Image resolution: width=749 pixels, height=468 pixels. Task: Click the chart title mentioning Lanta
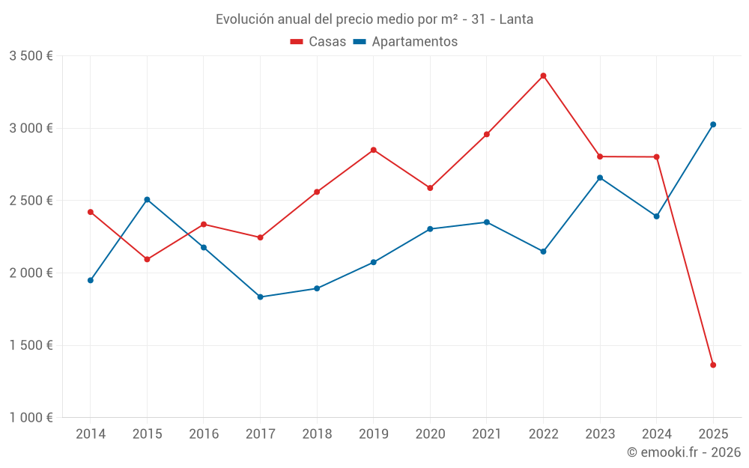pyautogui.click(x=374, y=19)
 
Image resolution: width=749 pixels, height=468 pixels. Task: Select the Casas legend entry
pyautogui.click(x=318, y=42)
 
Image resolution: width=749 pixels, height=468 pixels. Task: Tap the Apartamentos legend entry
pyautogui.click(x=405, y=42)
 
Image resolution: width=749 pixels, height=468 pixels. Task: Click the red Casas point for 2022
pyautogui.click(x=544, y=76)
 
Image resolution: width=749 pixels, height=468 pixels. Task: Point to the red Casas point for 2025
pyautogui.click(x=713, y=365)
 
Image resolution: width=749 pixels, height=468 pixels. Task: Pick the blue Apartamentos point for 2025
pyautogui.click(x=713, y=124)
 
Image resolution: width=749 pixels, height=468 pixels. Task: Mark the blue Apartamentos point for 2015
pyautogui.click(x=147, y=200)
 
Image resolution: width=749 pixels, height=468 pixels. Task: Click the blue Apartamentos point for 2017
pyautogui.click(x=260, y=297)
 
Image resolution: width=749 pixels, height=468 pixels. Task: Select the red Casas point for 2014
pyautogui.click(x=91, y=212)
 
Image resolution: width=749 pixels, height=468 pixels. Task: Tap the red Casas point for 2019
pyautogui.click(x=374, y=150)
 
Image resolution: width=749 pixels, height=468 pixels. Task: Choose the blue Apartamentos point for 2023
pyautogui.click(x=600, y=177)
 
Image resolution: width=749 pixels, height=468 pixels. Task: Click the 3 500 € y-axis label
pyautogui.click(x=31, y=56)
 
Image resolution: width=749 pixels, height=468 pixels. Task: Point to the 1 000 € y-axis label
pyautogui.click(x=31, y=418)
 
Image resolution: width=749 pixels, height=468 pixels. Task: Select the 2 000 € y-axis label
pyautogui.click(x=31, y=273)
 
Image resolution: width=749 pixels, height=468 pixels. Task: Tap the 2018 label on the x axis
pyautogui.click(x=317, y=434)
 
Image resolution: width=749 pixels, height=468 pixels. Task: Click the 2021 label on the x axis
pyautogui.click(x=487, y=434)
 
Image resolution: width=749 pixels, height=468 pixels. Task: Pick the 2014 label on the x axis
pyautogui.click(x=91, y=434)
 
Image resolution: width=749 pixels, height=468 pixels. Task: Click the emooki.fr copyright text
pyautogui.click(x=683, y=452)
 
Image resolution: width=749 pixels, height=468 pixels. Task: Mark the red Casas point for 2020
pyautogui.click(x=430, y=188)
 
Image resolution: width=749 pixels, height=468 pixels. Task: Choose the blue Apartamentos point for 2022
pyautogui.click(x=544, y=252)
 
